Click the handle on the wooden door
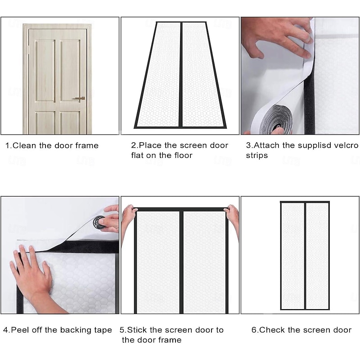pos(79,98)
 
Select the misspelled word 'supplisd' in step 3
pos(307,145)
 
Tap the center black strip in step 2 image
pos(180,74)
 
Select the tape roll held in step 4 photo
pos(99,222)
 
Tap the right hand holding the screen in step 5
pos(232,214)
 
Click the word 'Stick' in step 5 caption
pos(138,330)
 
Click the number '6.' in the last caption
pos(255,330)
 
